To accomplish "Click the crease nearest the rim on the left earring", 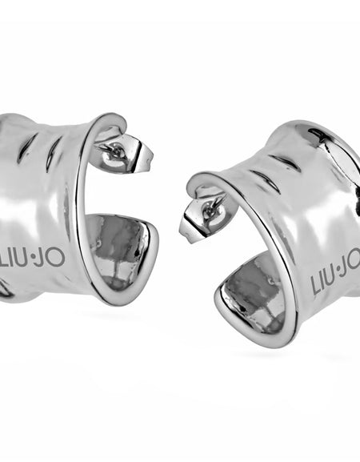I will pyautogui.click(x=53, y=153).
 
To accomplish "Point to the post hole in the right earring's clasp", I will pyautogui.click(x=213, y=207).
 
